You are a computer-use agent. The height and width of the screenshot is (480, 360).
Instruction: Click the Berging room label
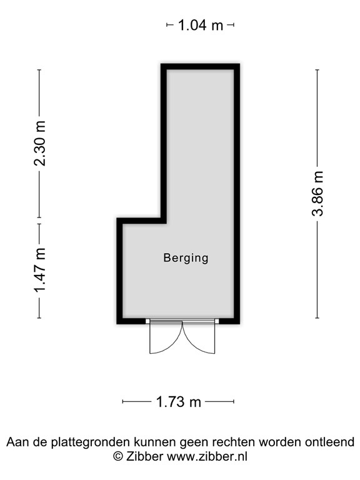(x=186, y=257)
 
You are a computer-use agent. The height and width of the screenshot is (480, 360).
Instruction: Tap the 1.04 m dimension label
(x=200, y=26)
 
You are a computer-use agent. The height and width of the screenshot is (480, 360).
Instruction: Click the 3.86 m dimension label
(x=318, y=192)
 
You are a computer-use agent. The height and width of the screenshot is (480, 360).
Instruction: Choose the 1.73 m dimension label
(x=179, y=402)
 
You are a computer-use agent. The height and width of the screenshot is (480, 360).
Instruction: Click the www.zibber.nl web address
(x=206, y=457)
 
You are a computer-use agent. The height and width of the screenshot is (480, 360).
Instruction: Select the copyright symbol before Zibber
(x=117, y=457)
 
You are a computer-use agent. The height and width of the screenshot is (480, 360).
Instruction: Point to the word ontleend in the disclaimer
(x=329, y=442)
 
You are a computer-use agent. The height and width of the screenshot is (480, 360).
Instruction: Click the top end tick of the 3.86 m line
(x=317, y=69)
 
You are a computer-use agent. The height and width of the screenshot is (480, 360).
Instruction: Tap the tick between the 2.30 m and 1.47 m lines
(x=39, y=223)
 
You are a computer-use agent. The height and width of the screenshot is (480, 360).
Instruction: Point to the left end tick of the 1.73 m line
(x=122, y=401)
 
